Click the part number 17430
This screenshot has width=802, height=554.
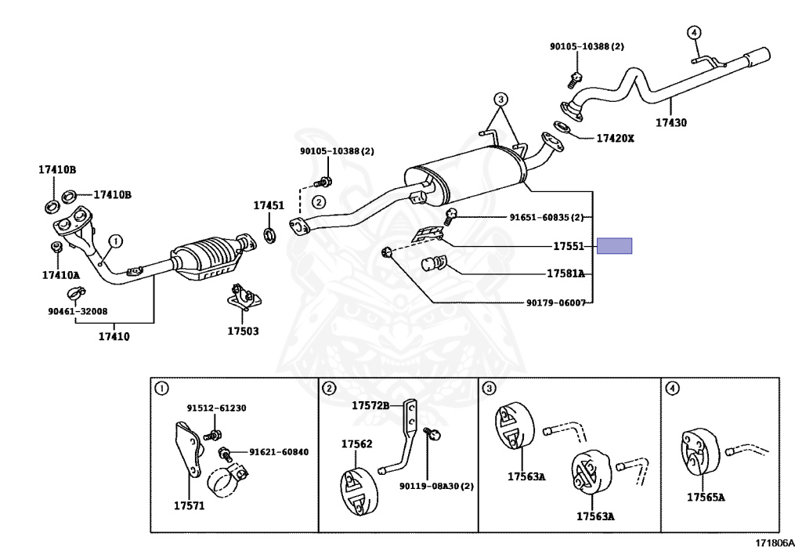point(671,123)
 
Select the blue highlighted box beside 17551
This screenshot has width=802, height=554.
point(614,246)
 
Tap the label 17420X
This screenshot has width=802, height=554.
point(616,138)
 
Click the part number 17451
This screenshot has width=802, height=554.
point(269,205)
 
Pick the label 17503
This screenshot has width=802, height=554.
point(243,331)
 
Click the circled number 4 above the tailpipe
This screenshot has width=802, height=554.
point(694,33)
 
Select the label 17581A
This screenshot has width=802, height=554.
point(565,273)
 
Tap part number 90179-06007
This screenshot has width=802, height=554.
point(556,302)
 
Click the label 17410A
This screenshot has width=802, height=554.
point(61,275)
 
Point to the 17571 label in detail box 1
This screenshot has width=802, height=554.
point(190,506)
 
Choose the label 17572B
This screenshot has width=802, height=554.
point(370,406)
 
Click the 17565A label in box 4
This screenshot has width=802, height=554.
point(706,498)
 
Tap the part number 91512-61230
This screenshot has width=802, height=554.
point(216,408)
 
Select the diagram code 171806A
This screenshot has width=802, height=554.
point(775,543)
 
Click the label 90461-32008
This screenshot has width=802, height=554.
point(78,311)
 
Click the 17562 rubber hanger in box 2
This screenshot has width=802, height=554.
point(358,491)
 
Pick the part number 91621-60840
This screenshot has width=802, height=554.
point(279,452)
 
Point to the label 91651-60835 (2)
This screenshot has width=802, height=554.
point(546,217)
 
